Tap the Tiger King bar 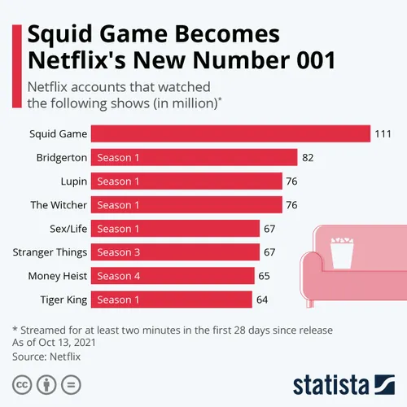click(171, 300)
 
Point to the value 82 click(308, 157)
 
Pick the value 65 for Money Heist click(264, 276)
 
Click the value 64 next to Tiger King click(262, 300)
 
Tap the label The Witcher click(58, 205)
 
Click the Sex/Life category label click(68, 229)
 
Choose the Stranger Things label click(50, 252)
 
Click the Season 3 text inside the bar click(118, 252)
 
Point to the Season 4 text click(118, 276)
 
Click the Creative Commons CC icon click(22, 383)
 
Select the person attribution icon click(46, 383)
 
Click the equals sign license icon click(71, 383)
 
